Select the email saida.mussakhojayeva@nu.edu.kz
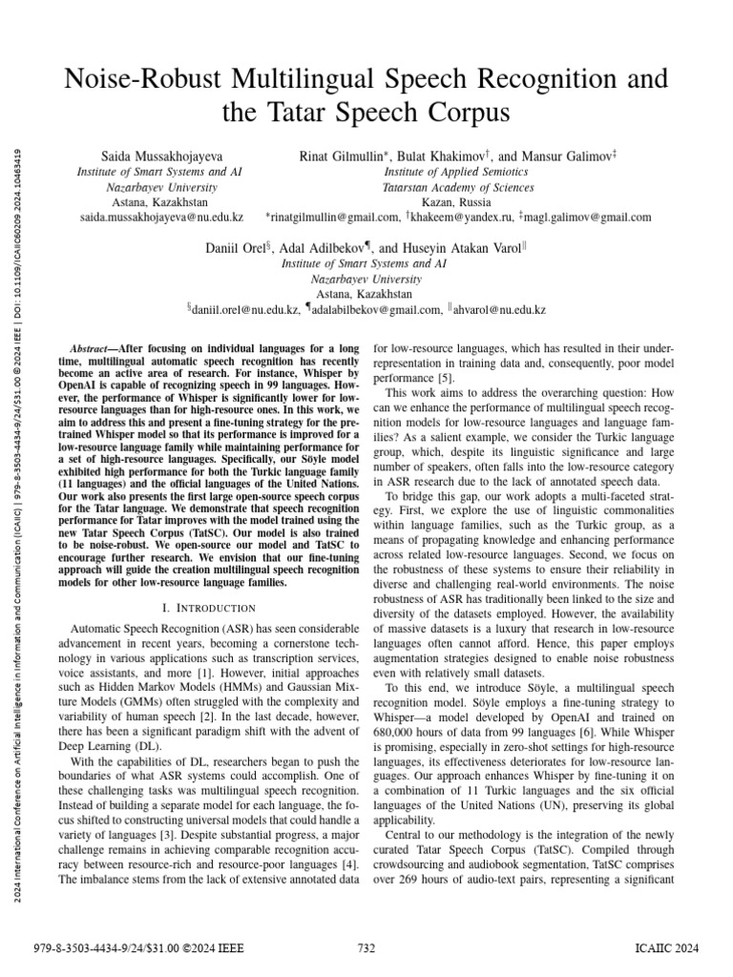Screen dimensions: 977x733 pyautogui.click(x=160, y=218)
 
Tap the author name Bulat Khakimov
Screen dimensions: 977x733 pyautogui.click(x=435, y=155)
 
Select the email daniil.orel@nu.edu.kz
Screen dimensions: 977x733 pyautogui.click(x=248, y=310)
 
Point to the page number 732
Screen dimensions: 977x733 pyautogui.click(x=366, y=947)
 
